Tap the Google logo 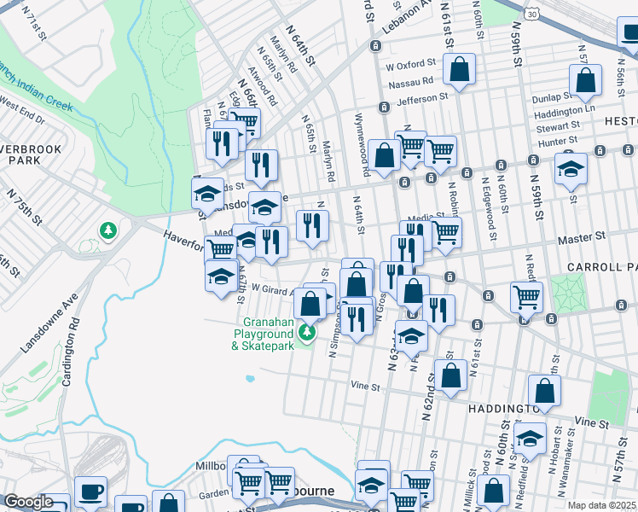click(x=28, y=502)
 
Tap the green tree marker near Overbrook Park click(x=108, y=230)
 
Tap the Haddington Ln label click(x=564, y=110)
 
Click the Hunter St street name click(x=559, y=139)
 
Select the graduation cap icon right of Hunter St click(x=571, y=168)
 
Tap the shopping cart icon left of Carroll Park click(x=526, y=297)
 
